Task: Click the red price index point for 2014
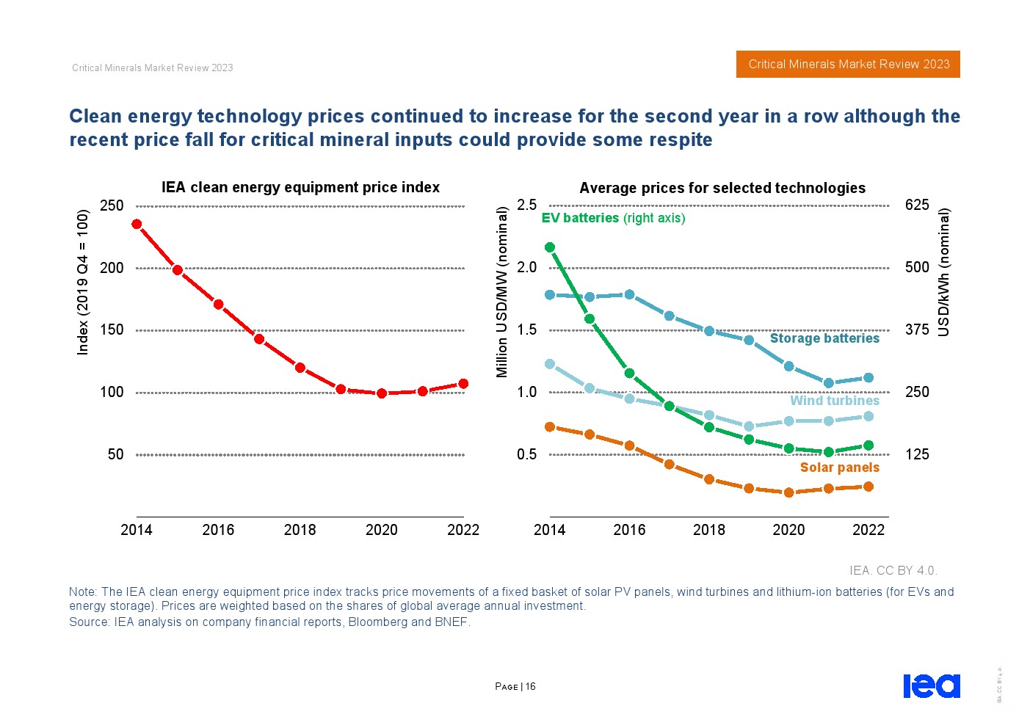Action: point(137,225)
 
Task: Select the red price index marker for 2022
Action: point(463,384)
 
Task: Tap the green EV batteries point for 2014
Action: point(550,247)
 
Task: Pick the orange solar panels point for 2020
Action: point(788,493)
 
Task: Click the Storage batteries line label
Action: point(824,338)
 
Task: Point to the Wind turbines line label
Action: point(834,401)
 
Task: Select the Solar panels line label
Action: point(839,467)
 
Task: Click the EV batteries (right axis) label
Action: point(613,218)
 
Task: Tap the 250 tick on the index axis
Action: point(112,205)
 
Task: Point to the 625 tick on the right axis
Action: point(917,205)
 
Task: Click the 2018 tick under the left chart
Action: point(300,530)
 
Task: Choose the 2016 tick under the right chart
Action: point(629,530)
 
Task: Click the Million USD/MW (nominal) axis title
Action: point(502,292)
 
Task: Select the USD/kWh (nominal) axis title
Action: point(944,272)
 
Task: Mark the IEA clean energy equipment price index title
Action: point(300,187)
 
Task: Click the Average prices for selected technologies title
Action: point(722,188)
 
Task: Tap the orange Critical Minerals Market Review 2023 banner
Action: point(848,65)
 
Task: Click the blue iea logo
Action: point(931,686)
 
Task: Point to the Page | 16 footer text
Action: point(515,687)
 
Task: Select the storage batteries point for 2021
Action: point(829,383)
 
